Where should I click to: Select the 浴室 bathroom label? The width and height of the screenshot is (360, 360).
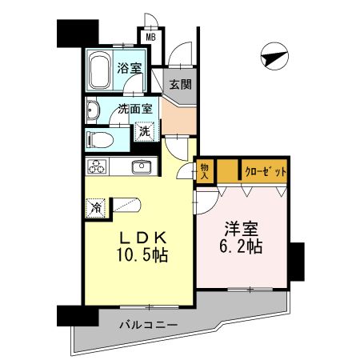pyautogui.click(x=130, y=68)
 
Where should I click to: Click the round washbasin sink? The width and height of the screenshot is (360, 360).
pyautogui.click(x=92, y=113)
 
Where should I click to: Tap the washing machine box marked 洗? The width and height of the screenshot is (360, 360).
pyautogui.click(x=145, y=130)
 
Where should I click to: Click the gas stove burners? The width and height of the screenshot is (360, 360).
pyautogui.click(x=98, y=168)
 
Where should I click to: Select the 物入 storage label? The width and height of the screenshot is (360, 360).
pyautogui.click(x=205, y=171)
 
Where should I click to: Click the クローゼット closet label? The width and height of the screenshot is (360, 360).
pyautogui.click(x=264, y=171)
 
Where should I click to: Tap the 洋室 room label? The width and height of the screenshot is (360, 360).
pyautogui.click(x=242, y=228)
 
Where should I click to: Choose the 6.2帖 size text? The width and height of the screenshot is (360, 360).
pyautogui.click(x=242, y=246)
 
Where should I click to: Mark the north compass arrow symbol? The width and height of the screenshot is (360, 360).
pyautogui.click(x=274, y=58)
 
